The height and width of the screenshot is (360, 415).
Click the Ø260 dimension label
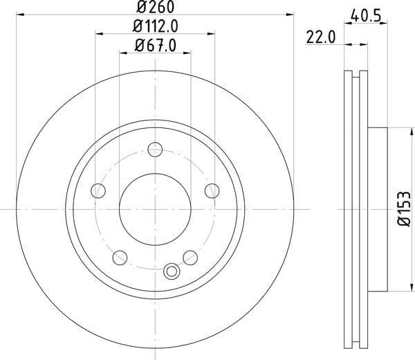pos(156,7)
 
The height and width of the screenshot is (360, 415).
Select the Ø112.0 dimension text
pos(156,26)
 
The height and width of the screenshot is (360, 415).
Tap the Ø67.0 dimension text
pos(156,45)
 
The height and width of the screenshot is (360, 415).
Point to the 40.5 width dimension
pos(366,16)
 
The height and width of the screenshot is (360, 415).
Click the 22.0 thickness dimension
pos(321,37)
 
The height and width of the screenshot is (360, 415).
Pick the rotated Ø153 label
pos(404,209)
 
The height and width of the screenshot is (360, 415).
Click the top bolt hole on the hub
pos(155,150)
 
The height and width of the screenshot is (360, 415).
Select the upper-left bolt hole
pos(98,190)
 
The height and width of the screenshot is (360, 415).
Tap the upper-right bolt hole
pos(212,190)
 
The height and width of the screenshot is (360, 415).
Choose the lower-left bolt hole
pos(120,258)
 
